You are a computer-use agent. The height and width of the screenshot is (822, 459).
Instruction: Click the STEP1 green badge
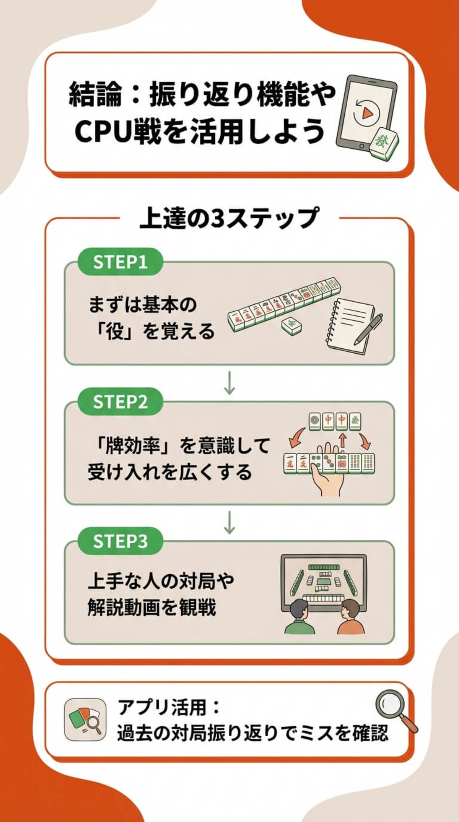coord(120,262)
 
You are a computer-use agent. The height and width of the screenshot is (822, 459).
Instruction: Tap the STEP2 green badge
coord(120,402)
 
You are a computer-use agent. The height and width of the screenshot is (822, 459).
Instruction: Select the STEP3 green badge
coord(120,541)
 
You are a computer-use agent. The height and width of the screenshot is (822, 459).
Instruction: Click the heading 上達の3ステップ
coord(229,218)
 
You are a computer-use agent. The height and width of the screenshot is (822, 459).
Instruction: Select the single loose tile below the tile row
coord(291,325)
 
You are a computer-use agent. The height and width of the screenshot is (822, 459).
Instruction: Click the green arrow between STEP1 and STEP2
coord(229,382)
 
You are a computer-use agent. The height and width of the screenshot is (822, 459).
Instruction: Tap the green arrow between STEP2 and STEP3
coord(229,522)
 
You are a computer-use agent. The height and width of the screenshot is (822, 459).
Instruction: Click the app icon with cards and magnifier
coord(85,720)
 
